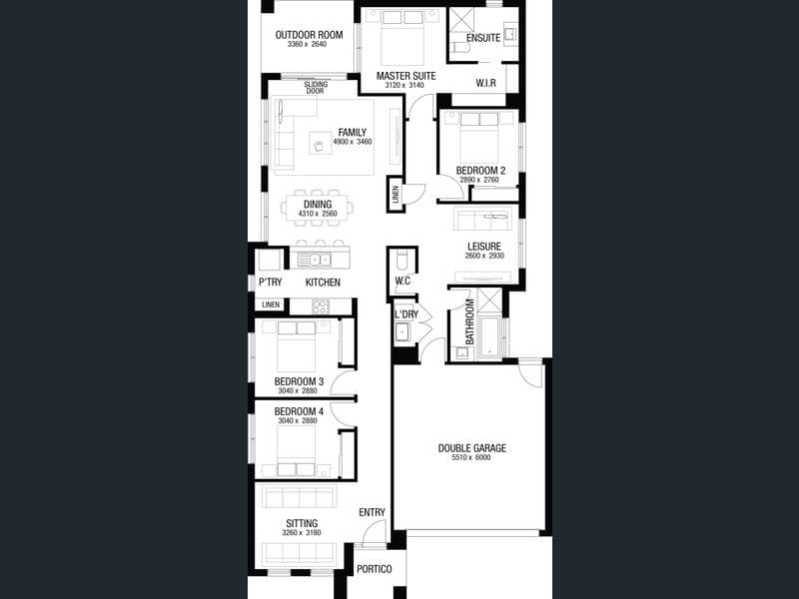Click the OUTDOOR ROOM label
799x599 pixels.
point(309,35)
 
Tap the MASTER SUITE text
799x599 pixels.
point(406,76)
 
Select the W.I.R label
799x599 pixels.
point(485,83)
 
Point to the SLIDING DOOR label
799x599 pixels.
point(316,88)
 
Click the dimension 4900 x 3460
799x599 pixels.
point(353,142)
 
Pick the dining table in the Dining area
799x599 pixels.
point(317,208)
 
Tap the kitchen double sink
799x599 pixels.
point(315,260)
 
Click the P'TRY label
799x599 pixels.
point(270,283)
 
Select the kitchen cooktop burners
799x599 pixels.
point(321,306)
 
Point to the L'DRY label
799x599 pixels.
point(406,314)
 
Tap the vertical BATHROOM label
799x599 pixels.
point(469,321)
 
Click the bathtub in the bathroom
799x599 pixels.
point(489,336)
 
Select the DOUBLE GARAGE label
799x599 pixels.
point(472,448)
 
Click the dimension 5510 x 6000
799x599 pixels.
point(471,457)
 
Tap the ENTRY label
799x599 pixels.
point(372,512)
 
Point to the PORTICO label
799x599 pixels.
point(374,569)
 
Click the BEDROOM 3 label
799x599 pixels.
point(299,381)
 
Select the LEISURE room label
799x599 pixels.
point(484,247)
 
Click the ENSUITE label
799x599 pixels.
point(483,38)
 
